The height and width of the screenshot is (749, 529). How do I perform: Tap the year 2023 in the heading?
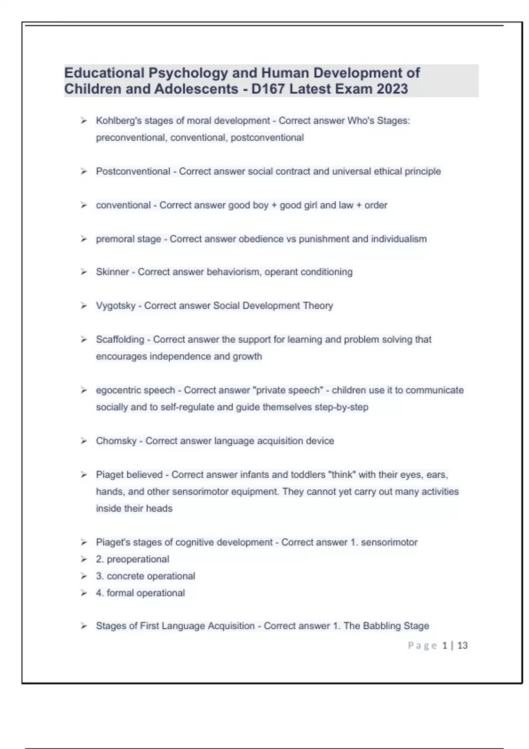(x=392, y=89)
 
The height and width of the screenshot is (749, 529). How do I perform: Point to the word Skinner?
(x=112, y=272)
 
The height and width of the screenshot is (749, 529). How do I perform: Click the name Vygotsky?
(x=115, y=306)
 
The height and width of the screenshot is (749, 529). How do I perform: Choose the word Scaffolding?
(x=120, y=339)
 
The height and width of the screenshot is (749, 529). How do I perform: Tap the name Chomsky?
(x=116, y=441)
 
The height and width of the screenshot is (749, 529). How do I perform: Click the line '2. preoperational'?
(x=132, y=559)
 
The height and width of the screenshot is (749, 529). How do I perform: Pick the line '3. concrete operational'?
(x=145, y=576)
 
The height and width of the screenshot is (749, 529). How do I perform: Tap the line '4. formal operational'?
(x=140, y=593)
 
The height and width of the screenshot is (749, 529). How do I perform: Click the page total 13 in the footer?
(x=462, y=645)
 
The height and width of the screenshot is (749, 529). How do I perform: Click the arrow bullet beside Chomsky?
(x=84, y=441)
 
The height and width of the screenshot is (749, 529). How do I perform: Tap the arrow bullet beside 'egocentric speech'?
(x=84, y=390)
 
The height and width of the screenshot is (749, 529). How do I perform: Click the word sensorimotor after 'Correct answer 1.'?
(x=389, y=542)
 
